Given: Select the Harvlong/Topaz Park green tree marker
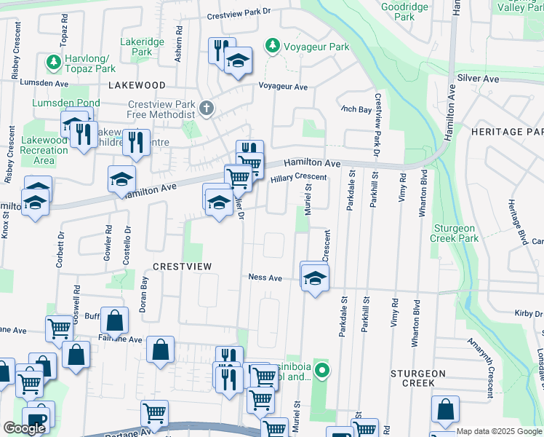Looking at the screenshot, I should click(x=53, y=63).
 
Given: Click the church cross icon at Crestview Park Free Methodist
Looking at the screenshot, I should click(x=207, y=109).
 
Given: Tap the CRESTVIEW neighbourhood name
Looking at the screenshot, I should click(x=182, y=267).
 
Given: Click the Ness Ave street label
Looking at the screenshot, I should click(x=265, y=277).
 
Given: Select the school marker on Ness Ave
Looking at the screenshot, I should click(x=315, y=278).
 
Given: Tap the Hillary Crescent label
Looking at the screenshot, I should click(x=299, y=178).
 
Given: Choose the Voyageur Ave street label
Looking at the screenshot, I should click(x=284, y=86).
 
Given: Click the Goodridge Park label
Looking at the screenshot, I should click(x=405, y=11).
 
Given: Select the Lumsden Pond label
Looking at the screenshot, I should click(x=56, y=103).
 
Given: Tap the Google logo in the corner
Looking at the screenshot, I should click(x=24, y=428).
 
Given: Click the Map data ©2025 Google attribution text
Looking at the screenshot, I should click(x=499, y=431).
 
